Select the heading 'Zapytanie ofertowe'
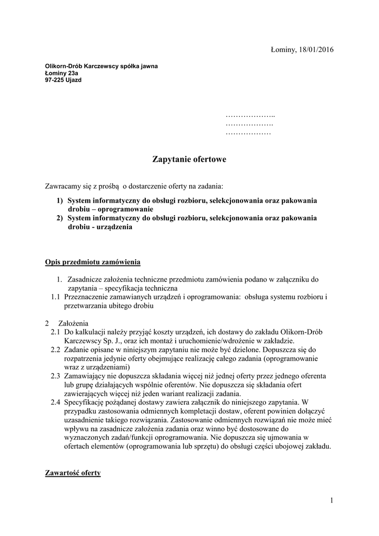point(189,159)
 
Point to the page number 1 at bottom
point(331,500)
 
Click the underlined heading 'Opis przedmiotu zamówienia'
point(92,261)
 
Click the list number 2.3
point(55,376)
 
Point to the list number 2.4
point(55,402)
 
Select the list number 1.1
point(55,297)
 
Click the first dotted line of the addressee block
point(250,115)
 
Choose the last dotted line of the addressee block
point(248,134)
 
